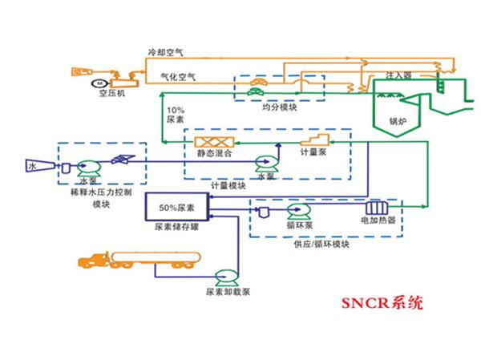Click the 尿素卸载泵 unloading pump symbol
[224, 277]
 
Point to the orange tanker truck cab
[93, 262]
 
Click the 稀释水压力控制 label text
[101, 194]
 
